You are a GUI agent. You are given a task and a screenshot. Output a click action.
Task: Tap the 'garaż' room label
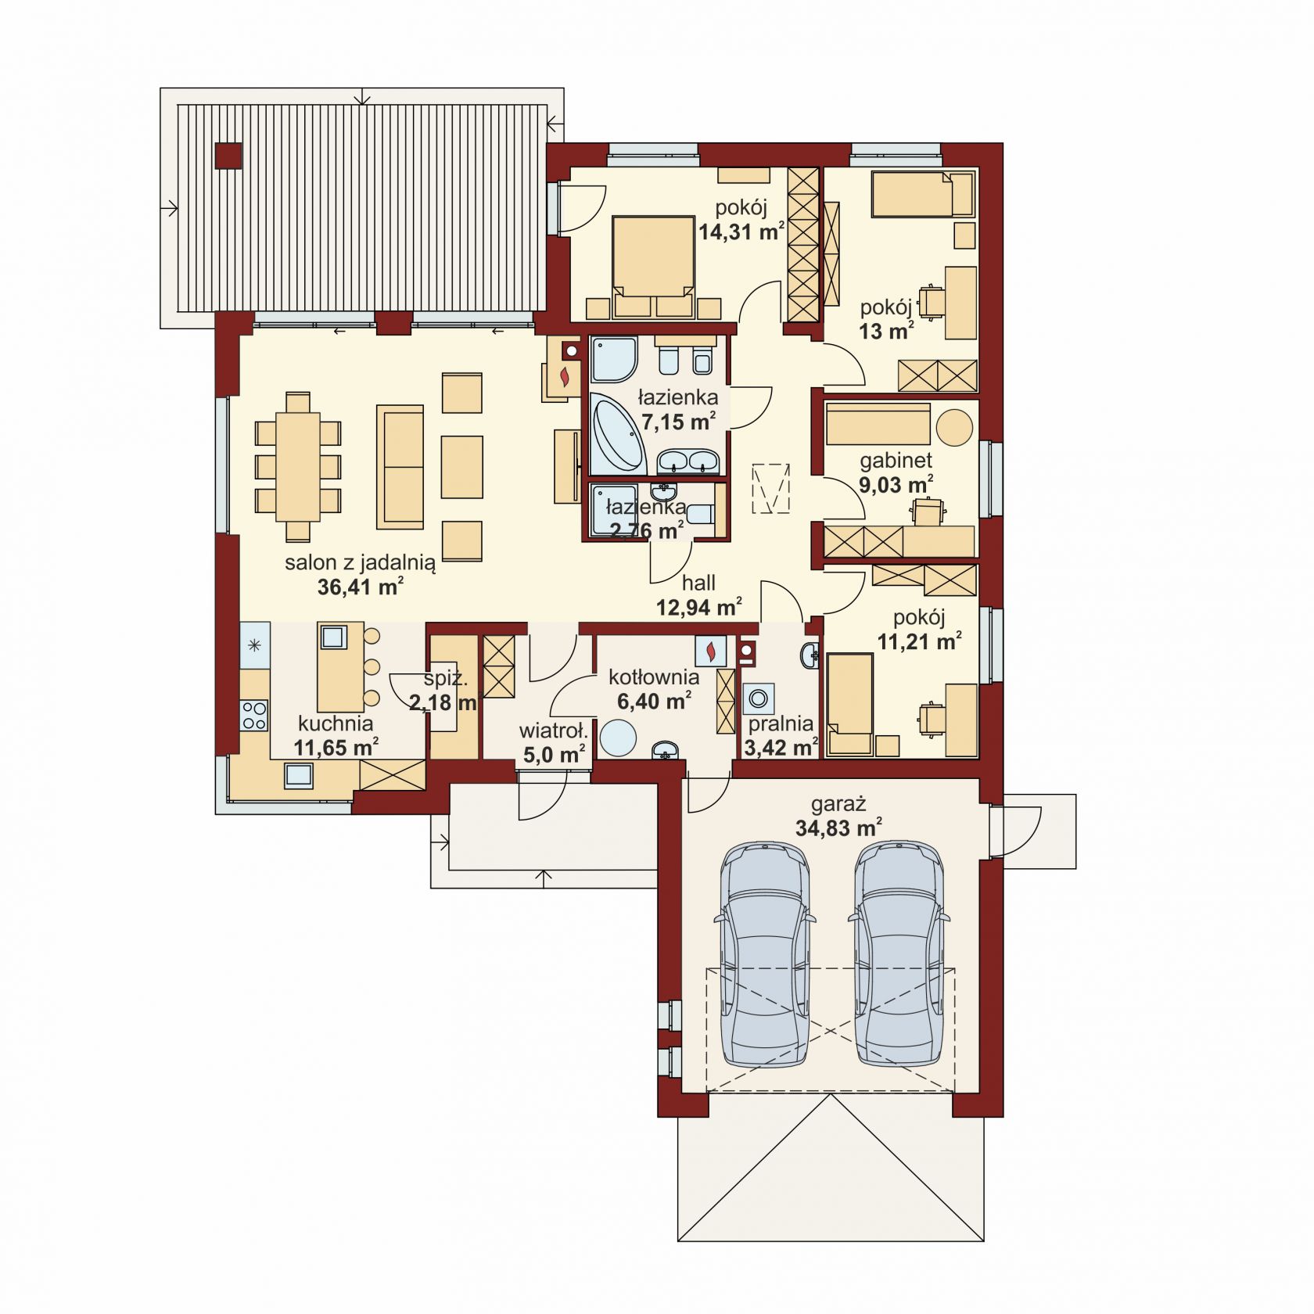838,804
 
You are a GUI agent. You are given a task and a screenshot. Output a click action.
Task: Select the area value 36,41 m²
361,587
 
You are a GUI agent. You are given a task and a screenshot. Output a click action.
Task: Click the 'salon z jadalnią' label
360,562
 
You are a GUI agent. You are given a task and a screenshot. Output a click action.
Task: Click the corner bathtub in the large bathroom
617,433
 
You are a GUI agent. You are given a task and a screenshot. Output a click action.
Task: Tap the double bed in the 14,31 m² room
654,267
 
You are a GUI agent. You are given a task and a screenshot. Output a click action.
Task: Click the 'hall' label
698,583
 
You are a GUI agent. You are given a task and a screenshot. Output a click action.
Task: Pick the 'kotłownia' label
654,677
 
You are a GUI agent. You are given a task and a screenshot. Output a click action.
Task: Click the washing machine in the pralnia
758,697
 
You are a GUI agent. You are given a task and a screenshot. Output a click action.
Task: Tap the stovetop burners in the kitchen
255,714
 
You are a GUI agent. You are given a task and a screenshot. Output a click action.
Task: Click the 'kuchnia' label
336,723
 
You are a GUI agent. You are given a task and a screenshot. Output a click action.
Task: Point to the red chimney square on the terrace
228,156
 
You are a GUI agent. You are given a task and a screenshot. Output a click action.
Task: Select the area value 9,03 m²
896,485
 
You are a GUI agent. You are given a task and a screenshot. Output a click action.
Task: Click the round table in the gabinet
954,428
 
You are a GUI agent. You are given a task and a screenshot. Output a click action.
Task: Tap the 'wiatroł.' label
553,731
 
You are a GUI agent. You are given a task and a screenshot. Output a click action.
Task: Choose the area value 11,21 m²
919,642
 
